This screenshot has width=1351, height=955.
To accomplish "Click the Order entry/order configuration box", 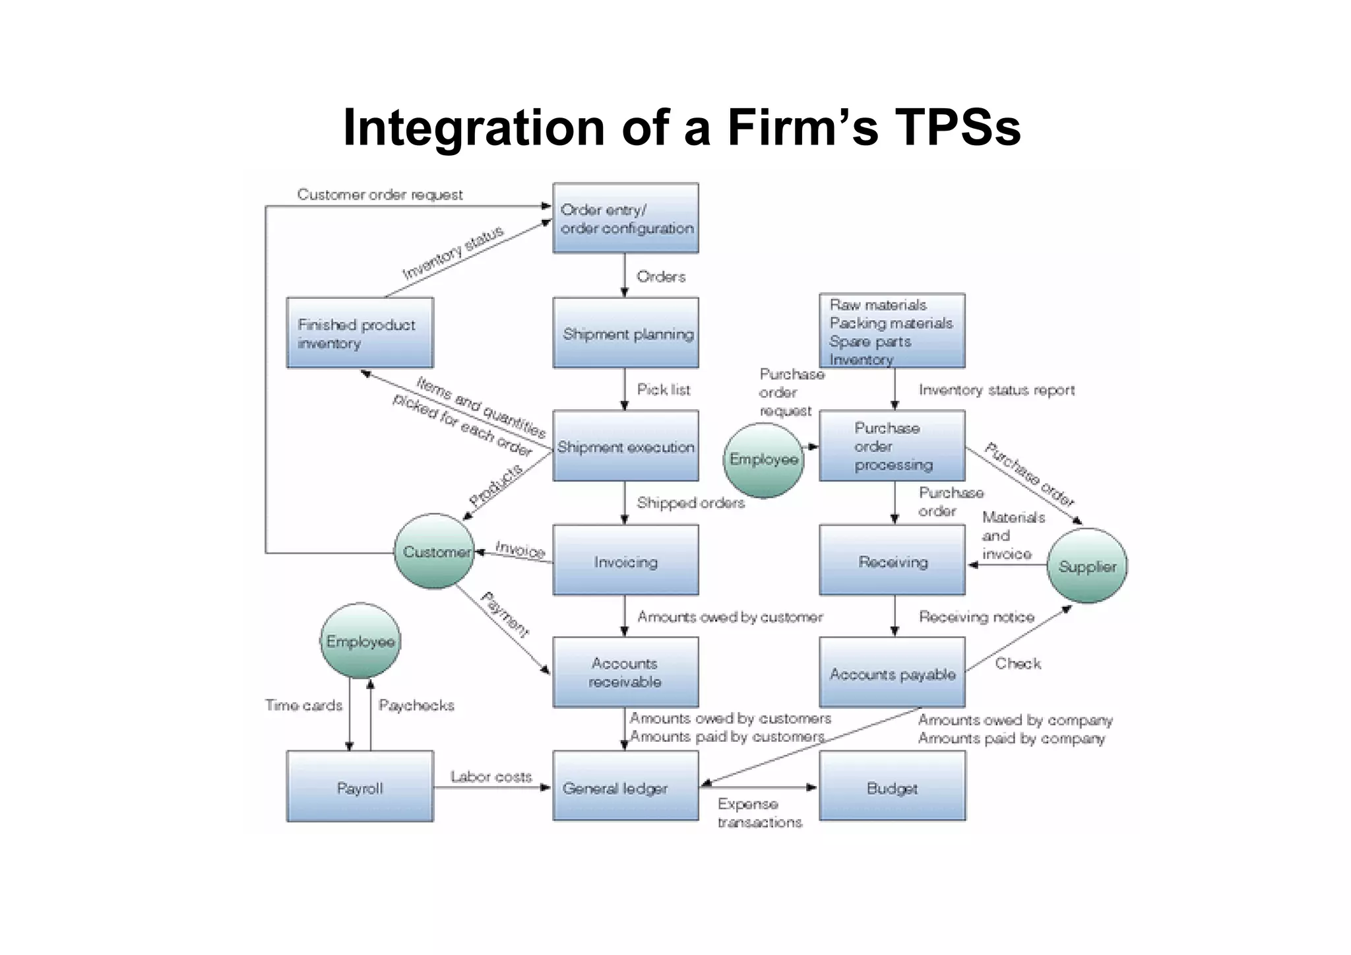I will pyautogui.click(x=625, y=218).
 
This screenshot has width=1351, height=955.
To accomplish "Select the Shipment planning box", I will pyautogui.click(x=625, y=333).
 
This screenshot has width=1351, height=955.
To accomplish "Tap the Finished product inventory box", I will pyautogui.click(x=360, y=333).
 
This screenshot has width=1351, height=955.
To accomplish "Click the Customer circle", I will pyautogui.click(x=434, y=551).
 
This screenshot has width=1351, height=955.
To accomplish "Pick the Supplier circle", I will pyautogui.click(x=1086, y=566).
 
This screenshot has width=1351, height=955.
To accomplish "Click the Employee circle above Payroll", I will pyautogui.click(x=360, y=641).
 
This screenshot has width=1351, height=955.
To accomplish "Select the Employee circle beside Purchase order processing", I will pyautogui.click(x=763, y=459).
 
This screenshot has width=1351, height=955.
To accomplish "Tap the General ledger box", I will pyautogui.click(x=625, y=786).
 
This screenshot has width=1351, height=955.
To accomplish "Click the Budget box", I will pyautogui.click(x=892, y=786).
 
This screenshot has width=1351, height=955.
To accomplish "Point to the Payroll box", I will pyautogui.click(x=360, y=786).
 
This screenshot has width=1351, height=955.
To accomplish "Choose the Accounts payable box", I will pyautogui.click(x=892, y=672).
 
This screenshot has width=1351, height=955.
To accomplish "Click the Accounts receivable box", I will pyautogui.click(x=625, y=672).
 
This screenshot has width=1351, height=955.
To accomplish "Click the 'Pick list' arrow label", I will pyautogui.click(x=663, y=389).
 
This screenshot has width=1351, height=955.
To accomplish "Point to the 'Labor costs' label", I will pyautogui.click(x=491, y=777).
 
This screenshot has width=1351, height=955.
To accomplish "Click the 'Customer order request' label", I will pyautogui.click(x=379, y=195).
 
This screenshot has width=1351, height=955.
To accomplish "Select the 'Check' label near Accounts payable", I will pyautogui.click(x=1017, y=663).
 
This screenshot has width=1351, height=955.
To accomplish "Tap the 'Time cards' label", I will pyautogui.click(x=303, y=706).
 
